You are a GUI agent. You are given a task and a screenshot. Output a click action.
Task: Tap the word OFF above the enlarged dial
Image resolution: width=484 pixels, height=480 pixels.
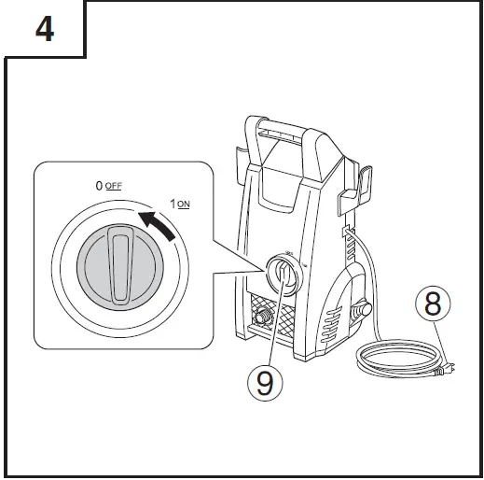point(114,186)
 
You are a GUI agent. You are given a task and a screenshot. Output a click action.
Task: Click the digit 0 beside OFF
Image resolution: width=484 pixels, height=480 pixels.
point(99,186)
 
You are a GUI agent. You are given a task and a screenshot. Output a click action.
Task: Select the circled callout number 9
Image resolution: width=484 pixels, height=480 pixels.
point(266,382)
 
